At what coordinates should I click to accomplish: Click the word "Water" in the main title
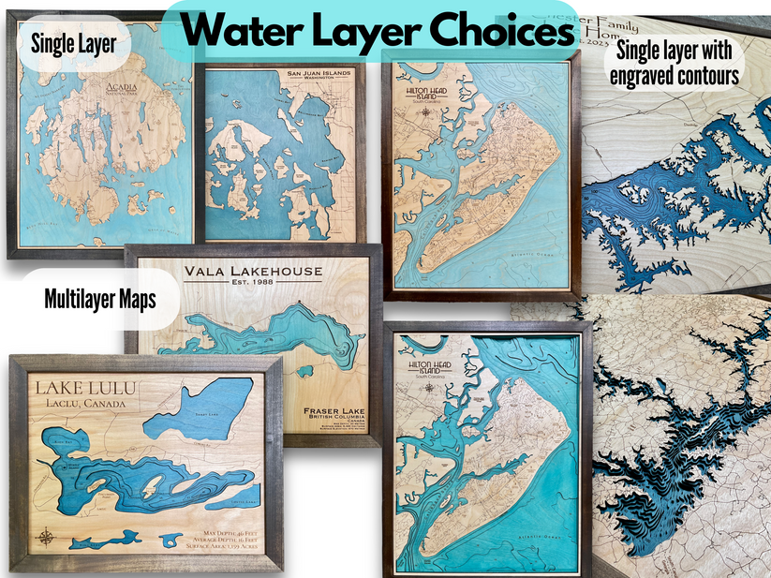tap(242, 32)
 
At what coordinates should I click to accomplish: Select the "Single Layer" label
tap(73, 41)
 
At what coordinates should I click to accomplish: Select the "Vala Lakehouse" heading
tap(253, 272)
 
